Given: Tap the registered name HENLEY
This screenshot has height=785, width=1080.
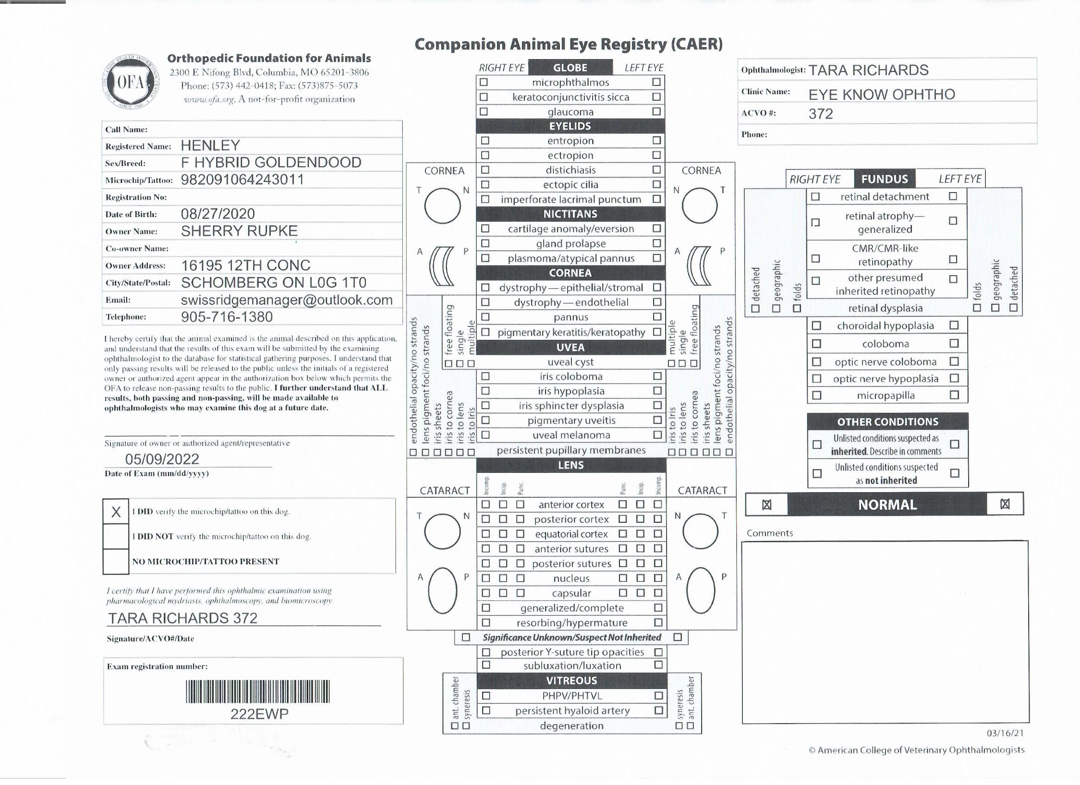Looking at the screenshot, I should pos(210,145).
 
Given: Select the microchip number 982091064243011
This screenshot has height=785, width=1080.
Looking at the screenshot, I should pos(242,180).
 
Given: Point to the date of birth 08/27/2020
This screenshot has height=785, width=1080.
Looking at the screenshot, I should pos(218,214).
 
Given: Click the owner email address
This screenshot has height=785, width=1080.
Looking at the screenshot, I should pos(287,300).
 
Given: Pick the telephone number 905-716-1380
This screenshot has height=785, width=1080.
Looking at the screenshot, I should pos(227,317).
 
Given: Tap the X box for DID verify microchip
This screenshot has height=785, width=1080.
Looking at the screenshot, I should pos(115,512).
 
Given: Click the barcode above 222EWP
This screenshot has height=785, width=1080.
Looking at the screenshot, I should pos(257,692).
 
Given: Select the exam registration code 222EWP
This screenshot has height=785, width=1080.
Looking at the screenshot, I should pos(260,714).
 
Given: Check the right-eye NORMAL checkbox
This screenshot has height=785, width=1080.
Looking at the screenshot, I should pos(767,505).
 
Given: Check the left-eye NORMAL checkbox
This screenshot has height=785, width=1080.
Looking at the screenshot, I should pos(1005,504).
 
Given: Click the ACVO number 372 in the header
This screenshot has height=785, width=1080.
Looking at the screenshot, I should pos(820,114).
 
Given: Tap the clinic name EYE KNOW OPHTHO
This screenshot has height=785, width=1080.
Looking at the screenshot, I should pos(881,94).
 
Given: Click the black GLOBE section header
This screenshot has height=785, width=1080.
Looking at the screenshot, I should pos(570,67).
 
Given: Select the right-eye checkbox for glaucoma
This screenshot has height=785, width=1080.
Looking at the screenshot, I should pos(484,111).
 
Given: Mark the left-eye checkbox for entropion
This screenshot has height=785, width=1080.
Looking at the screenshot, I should pos(657,140).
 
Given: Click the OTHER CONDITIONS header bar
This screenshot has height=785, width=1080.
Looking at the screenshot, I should pos(888,422).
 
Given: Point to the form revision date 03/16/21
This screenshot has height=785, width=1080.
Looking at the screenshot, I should pos(1005,733).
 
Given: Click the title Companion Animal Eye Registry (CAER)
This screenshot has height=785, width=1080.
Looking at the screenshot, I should pos(569,44).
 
